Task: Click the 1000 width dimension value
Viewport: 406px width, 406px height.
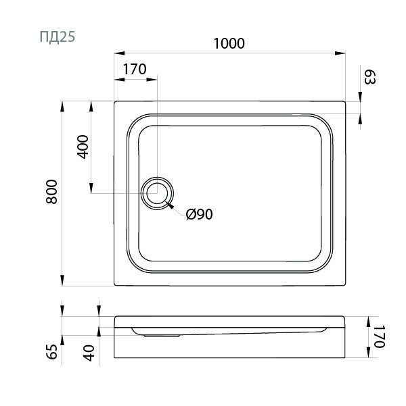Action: tap(228, 43)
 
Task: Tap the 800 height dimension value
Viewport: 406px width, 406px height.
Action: tap(55, 194)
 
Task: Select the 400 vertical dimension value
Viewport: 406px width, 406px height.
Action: tap(83, 147)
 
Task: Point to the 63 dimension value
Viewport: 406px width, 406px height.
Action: tap(369, 76)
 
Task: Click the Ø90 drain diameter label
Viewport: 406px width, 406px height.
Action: tap(200, 215)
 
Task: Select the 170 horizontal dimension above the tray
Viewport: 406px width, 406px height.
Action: tap(135, 69)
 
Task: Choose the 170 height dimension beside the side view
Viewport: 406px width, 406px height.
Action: tap(379, 336)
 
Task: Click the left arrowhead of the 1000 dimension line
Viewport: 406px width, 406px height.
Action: tap(116, 53)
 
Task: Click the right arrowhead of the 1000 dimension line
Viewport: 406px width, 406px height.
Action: tap(343, 53)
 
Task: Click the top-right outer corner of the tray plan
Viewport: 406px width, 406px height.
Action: tap(346, 102)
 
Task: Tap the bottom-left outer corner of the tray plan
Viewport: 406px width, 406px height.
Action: tap(114, 286)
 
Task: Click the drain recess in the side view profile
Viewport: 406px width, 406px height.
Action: tap(160, 332)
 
